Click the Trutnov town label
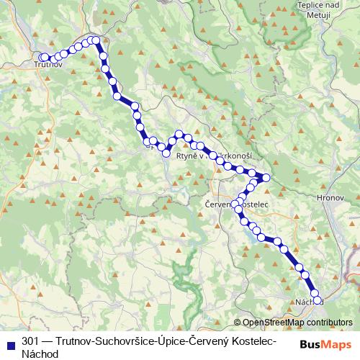point(50,66)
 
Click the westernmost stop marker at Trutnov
point(44,57)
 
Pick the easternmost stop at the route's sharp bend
point(266,177)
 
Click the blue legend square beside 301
point(10,341)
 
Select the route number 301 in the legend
point(30,341)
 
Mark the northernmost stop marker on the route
point(95,40)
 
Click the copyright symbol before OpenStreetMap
point(238,323)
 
